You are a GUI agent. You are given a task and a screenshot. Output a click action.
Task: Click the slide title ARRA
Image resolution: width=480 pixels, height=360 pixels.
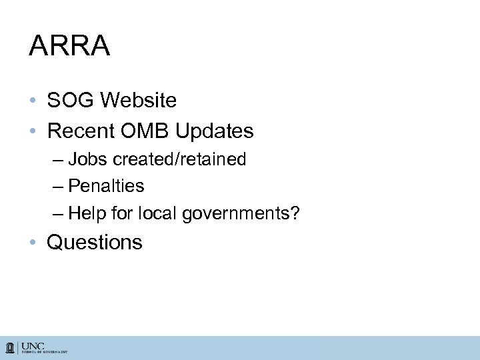point(69,47)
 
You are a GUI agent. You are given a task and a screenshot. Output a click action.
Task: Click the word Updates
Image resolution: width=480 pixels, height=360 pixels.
point(217,131)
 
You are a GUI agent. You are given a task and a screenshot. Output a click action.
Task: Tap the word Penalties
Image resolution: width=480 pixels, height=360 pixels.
point(106,185)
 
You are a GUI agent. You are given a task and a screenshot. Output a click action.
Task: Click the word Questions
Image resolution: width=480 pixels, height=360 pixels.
point(94,242)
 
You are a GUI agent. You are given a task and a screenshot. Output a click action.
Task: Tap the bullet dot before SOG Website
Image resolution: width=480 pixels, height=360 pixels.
point(33,101)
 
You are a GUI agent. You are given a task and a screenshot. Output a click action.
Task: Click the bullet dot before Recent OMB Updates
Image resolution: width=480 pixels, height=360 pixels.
point(33,132)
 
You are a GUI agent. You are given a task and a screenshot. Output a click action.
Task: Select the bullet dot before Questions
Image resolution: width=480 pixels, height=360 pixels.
point(33,243)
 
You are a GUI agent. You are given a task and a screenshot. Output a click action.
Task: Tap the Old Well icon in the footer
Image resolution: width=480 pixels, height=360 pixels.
point(11,347)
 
